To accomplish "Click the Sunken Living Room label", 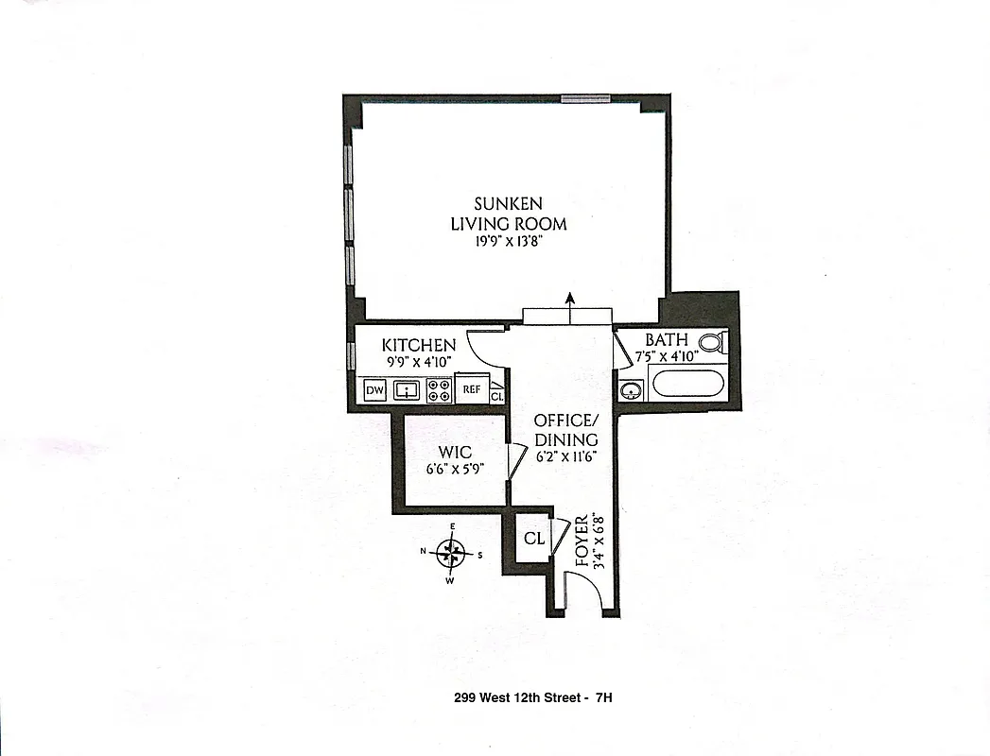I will tap(508, 214).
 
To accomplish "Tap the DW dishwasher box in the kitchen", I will tap(374, 389).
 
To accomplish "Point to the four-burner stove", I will tap(439, 389).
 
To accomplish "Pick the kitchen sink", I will tap(407, 389).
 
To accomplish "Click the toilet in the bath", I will tap(712, 343).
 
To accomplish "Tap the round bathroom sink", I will tap(632, 388).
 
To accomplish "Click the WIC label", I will tap(456, 452).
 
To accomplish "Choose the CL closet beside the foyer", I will tap(534, 539).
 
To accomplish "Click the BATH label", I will tap(667, 339).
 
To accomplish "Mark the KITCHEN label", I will tap(418, 345).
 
